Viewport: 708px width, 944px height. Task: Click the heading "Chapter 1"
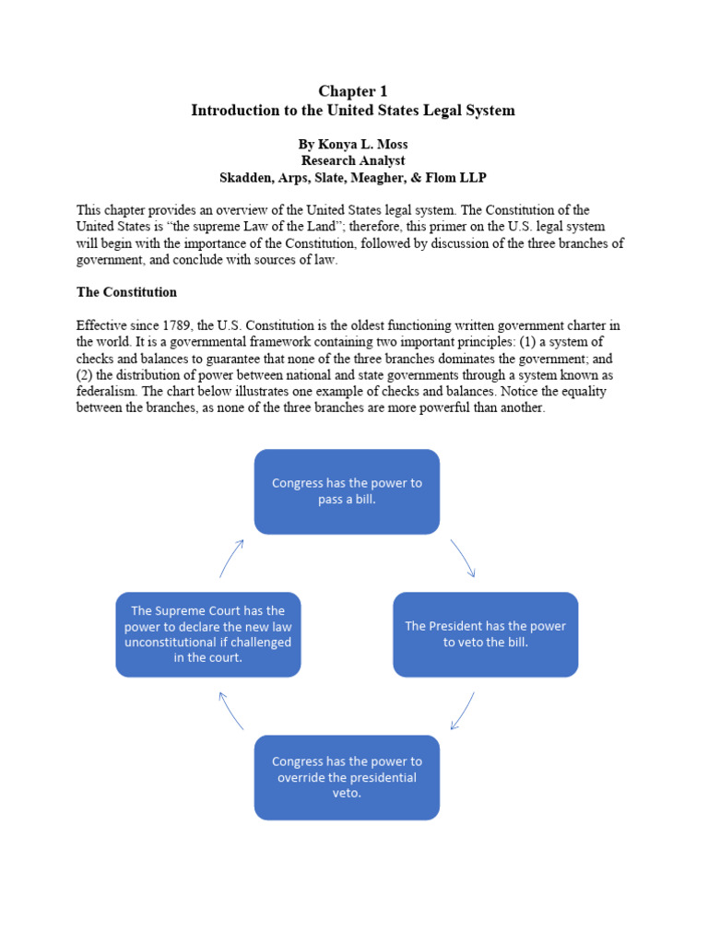(x=353, y=90)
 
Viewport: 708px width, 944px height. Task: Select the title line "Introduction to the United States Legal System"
(x=353, y=111)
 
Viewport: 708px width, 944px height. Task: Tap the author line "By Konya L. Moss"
(x=353, y=145)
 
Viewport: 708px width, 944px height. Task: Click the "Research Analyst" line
(x=353, y=160)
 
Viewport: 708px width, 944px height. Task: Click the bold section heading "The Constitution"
(x=126, y=291)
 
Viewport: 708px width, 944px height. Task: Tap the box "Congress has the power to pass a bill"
(x=347, y=491)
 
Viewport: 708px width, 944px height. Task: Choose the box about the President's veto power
(x=485, y=634)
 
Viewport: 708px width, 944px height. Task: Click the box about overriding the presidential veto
(x=347, y=777)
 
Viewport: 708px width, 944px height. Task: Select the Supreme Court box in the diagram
(x=208, y=634)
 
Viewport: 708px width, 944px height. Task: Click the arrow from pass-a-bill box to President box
(x=463, y=558)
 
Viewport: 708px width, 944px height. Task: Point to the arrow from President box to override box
(x=463, y=711)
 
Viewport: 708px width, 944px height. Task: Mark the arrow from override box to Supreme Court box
(x=230, y=711)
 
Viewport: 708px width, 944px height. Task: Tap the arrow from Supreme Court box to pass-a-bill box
(x=230, y=558)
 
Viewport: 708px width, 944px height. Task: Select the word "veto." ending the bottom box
(x=347, y=793)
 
